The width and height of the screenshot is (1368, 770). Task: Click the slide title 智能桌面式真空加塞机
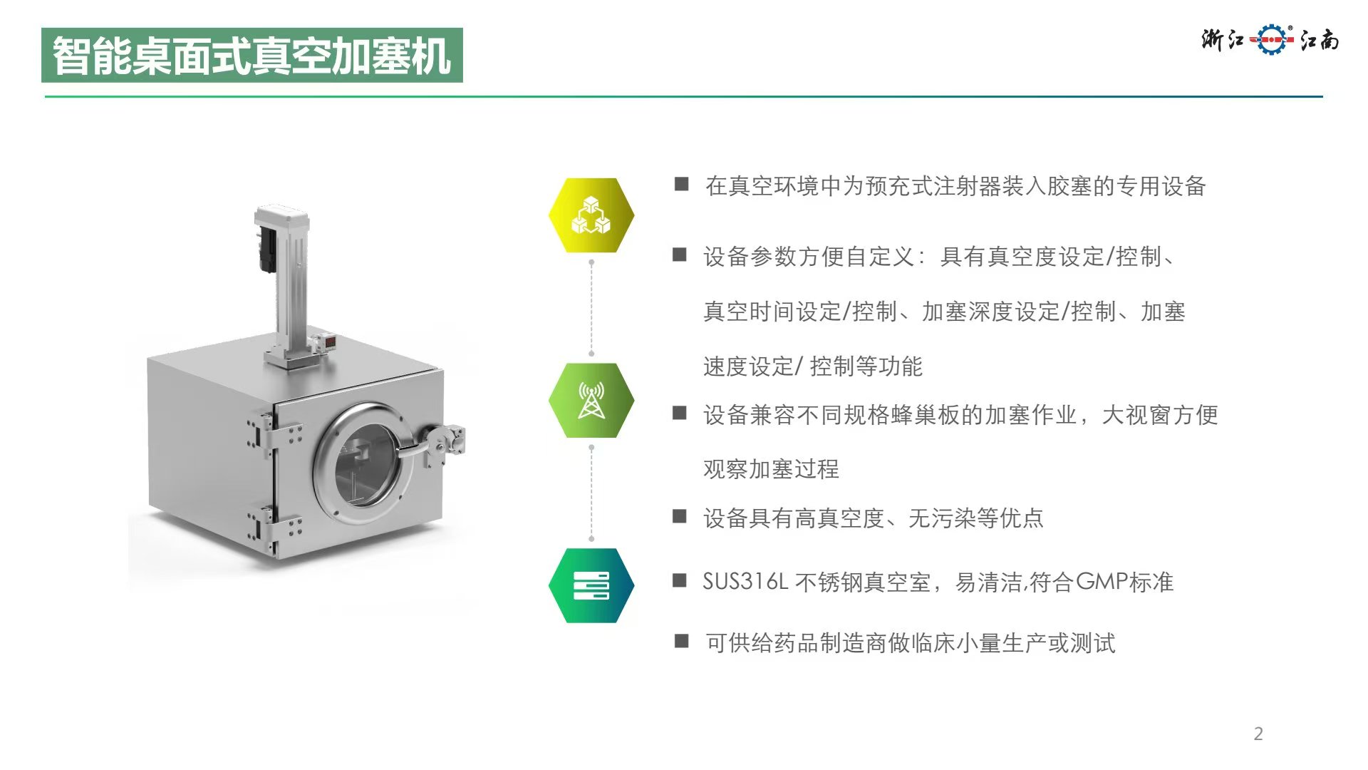[252, 56]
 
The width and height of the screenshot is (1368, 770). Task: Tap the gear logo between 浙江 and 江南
[1272, 39]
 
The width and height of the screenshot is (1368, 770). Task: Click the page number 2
[1258, 734]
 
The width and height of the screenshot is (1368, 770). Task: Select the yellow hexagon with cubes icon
[591, 215]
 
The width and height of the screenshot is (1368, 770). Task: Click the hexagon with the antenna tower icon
[591, 400]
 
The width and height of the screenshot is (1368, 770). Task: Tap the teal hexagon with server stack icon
[591, 585]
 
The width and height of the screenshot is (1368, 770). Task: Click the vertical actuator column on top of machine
[285, 282]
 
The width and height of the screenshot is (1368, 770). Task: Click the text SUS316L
[745, 582]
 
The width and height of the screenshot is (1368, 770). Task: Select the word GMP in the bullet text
[1102, 582]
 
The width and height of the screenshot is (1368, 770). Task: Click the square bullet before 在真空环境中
[682, 185]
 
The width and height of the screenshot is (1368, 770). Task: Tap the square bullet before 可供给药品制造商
[682, 641]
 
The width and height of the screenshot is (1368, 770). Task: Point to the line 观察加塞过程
[771, 469]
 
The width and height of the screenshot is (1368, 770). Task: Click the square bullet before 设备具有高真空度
[680, 516]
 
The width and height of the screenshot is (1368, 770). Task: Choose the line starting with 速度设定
[812, 366]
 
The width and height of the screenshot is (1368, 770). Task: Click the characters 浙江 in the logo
[1223, 39]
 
